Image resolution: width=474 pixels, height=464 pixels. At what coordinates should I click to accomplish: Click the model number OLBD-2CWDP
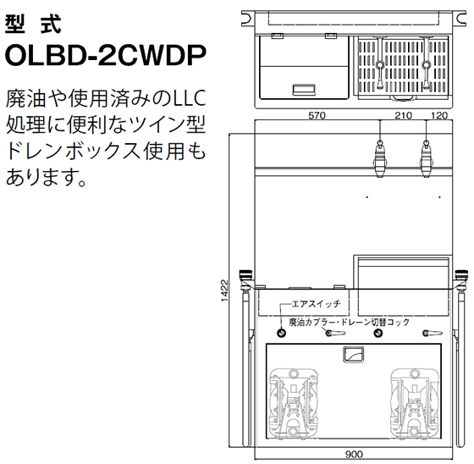coord(106,55)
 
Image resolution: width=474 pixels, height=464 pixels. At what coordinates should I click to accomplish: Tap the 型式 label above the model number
coord(33,25)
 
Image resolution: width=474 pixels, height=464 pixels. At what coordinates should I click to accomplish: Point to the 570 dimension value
coord(317,115)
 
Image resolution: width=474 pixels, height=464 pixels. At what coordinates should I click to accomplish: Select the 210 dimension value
coord(403,115)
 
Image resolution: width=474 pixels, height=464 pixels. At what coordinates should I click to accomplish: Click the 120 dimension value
coord(439,115)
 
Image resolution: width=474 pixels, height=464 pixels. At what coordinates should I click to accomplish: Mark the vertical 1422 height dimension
coord(224,290)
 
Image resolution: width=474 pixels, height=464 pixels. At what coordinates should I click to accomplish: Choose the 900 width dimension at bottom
coord(354,454)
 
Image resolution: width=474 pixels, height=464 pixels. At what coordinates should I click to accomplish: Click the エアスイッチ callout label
coord(316,303)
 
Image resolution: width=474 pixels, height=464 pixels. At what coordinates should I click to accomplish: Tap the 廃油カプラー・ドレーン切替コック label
coord(349,322)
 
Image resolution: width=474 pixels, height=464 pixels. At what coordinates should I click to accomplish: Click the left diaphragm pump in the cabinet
coord(293,404)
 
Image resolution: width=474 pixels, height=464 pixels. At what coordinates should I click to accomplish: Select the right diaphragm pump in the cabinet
coord(415,404)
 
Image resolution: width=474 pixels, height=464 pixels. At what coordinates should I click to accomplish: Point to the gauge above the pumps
coord(354,355)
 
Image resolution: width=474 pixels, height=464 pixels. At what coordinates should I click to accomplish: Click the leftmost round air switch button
coord(281,333)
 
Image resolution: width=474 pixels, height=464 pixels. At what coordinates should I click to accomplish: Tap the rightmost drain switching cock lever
coord(432,333)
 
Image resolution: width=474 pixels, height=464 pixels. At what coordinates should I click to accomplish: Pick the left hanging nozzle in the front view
coord(380,157)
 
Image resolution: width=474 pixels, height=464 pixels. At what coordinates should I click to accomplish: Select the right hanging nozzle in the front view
coord(426,157)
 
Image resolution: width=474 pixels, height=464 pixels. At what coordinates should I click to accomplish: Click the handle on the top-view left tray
coord(304,89)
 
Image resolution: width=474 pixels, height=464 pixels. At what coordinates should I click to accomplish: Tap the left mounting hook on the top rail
coord(246,19)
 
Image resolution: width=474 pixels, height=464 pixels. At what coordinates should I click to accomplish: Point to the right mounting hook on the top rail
coord(461,19)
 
